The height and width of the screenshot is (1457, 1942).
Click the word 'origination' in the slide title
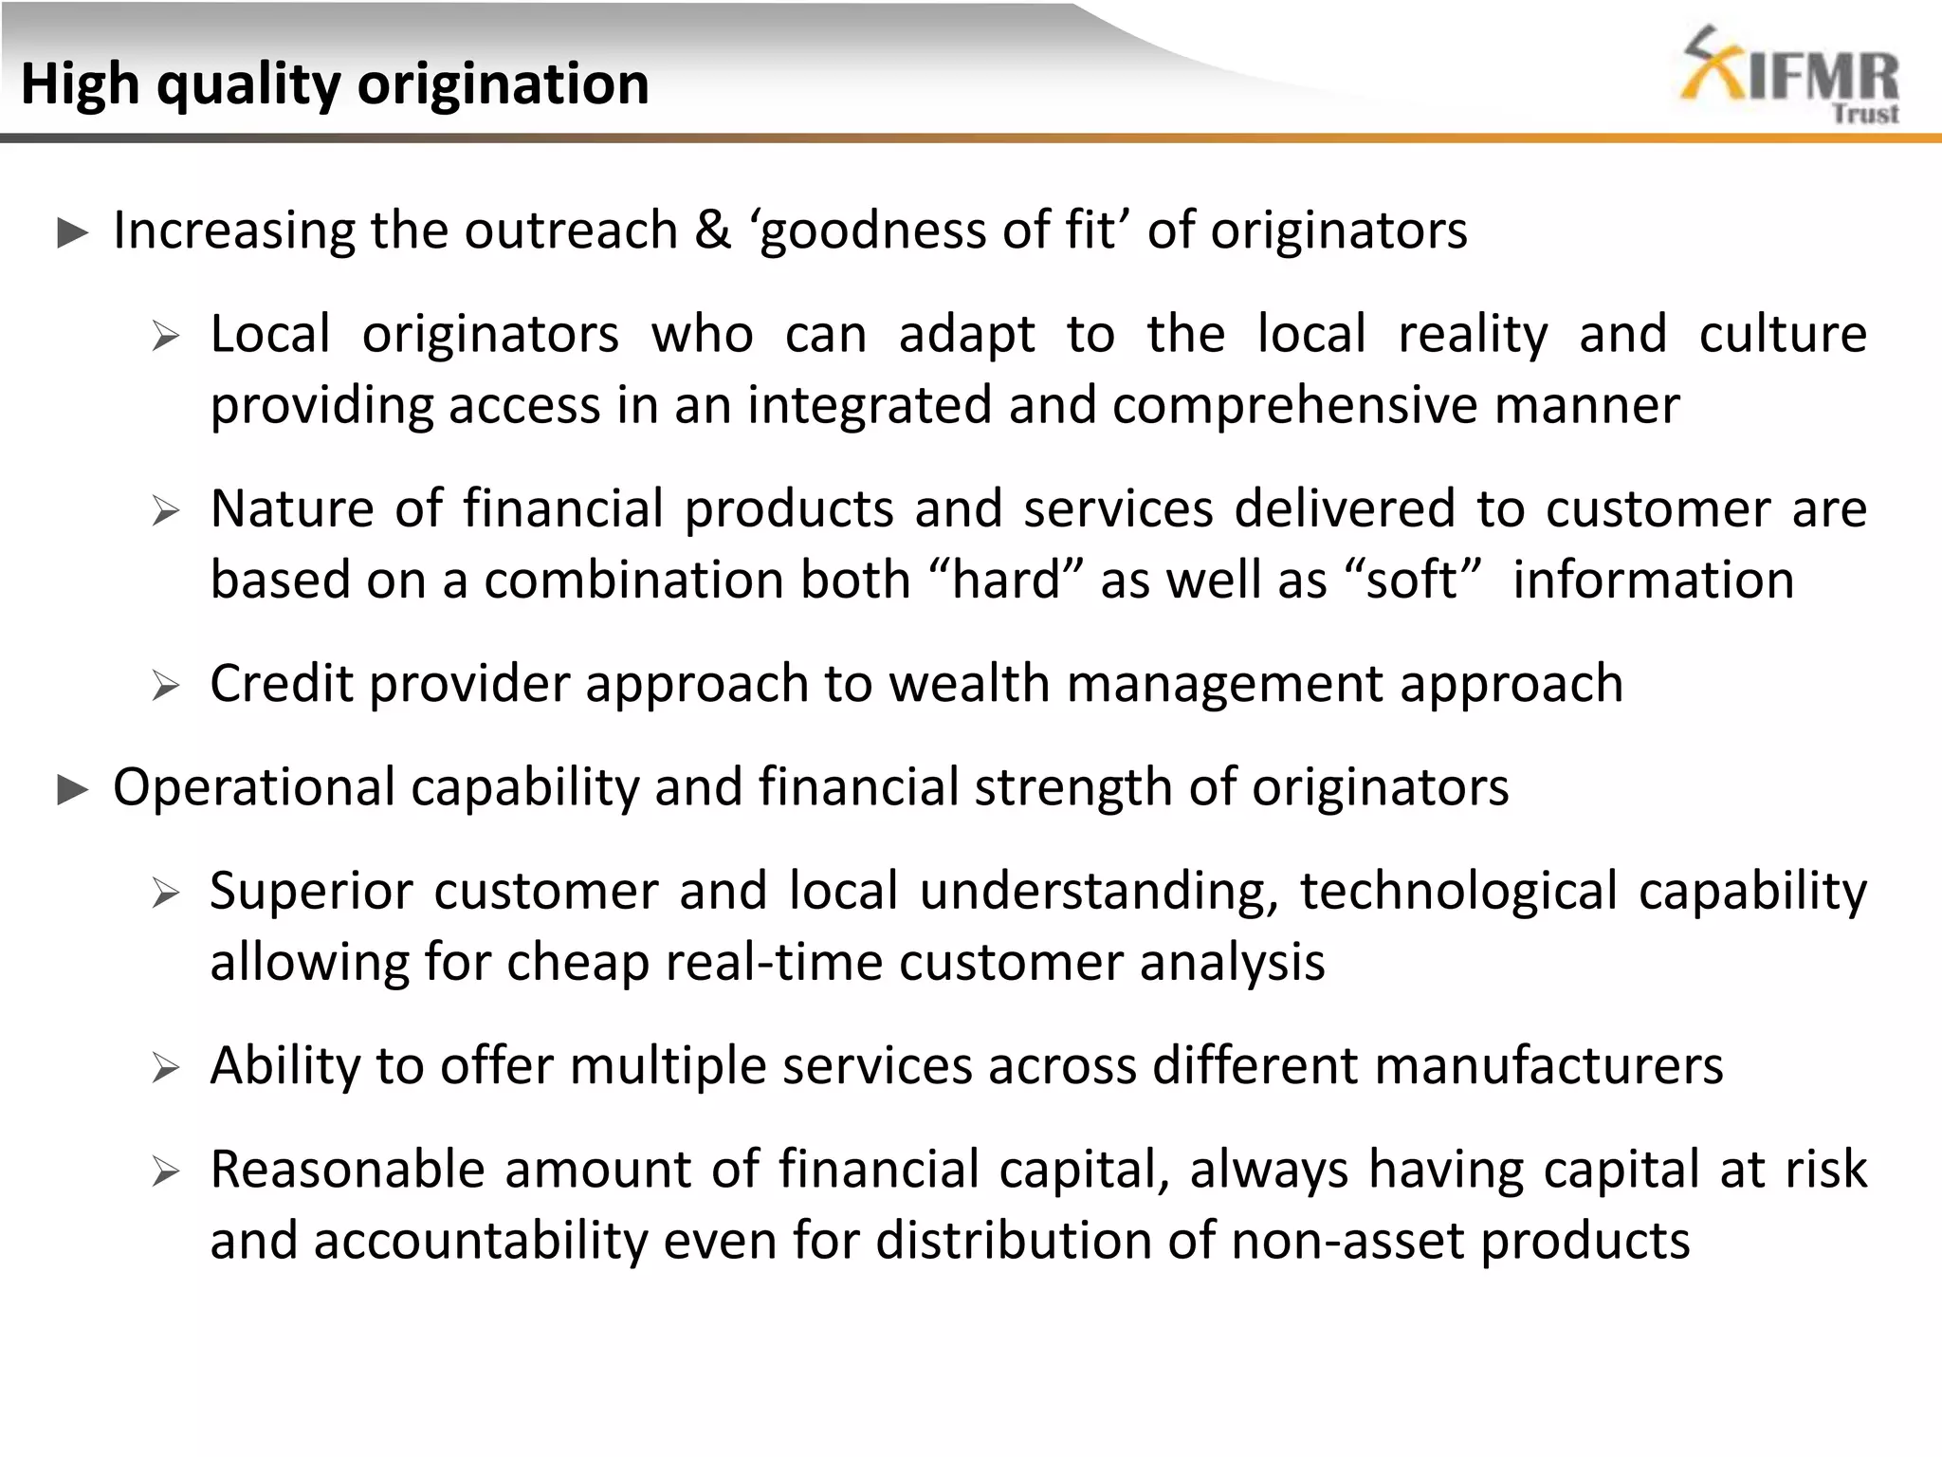(x=503, y=83)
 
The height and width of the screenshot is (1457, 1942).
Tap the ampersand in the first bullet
(x=713, y=230)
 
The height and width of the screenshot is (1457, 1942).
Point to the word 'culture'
(x=1783, y=334)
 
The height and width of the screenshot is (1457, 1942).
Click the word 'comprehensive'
(x=1295, y=405)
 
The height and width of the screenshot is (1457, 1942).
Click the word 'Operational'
(x=254, y=787)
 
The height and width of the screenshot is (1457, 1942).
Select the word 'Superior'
(x=312, y=891)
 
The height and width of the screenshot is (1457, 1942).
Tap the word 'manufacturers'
(x=1548, y=1065)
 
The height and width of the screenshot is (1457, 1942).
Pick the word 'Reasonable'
(x=347, y=1169)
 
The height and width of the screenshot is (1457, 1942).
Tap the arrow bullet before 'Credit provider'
(x=166, y=686)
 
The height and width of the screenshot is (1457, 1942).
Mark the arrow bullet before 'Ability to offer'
(x=166, y=1069)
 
